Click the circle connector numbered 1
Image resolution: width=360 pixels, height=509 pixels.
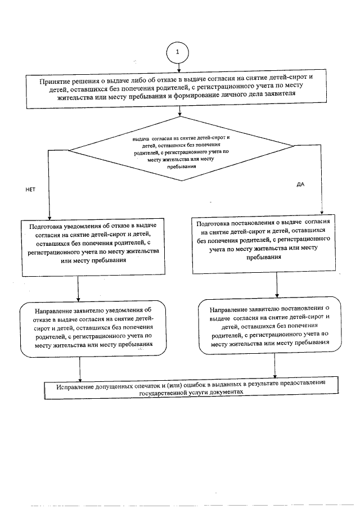[178, 52]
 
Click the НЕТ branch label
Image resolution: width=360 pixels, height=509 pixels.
[30, 190]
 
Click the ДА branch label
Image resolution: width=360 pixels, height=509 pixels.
[300, 184]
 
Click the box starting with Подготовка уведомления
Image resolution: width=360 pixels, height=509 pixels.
[92, 247]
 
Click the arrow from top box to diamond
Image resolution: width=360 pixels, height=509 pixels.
[179, 111]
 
